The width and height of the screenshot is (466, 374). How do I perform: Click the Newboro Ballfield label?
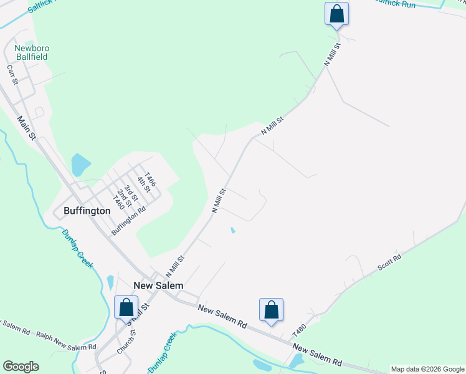click(32, 52)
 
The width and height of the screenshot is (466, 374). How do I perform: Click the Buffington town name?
click(87, 211)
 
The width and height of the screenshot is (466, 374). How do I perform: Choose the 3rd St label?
click(130, 192)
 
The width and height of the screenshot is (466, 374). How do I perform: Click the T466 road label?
click(150, 180)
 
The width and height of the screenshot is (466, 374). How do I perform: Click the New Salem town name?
click(158, 285)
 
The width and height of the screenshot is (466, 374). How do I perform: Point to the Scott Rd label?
click(389, 262)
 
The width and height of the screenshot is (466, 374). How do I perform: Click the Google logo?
click(21, 367)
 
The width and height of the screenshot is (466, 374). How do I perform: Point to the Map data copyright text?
click(427, 369)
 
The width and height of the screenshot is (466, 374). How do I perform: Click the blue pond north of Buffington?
click(80, 164)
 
